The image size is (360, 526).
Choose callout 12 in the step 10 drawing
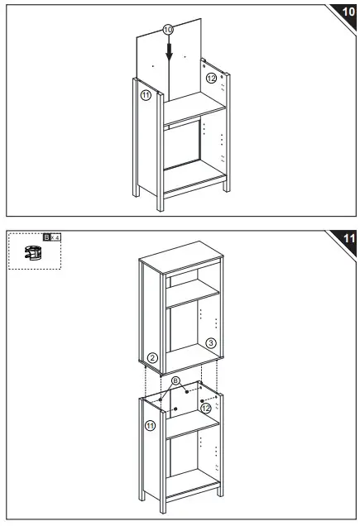click(211, 78)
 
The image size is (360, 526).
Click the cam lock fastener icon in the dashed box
click(33, 253)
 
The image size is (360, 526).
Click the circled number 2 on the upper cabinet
click(151, 359)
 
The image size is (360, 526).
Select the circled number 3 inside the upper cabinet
click(211, 342)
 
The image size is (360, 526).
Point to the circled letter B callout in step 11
click(175, 381)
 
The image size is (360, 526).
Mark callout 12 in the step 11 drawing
click(206, 408)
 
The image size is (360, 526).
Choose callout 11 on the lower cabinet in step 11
click(151, 425)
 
